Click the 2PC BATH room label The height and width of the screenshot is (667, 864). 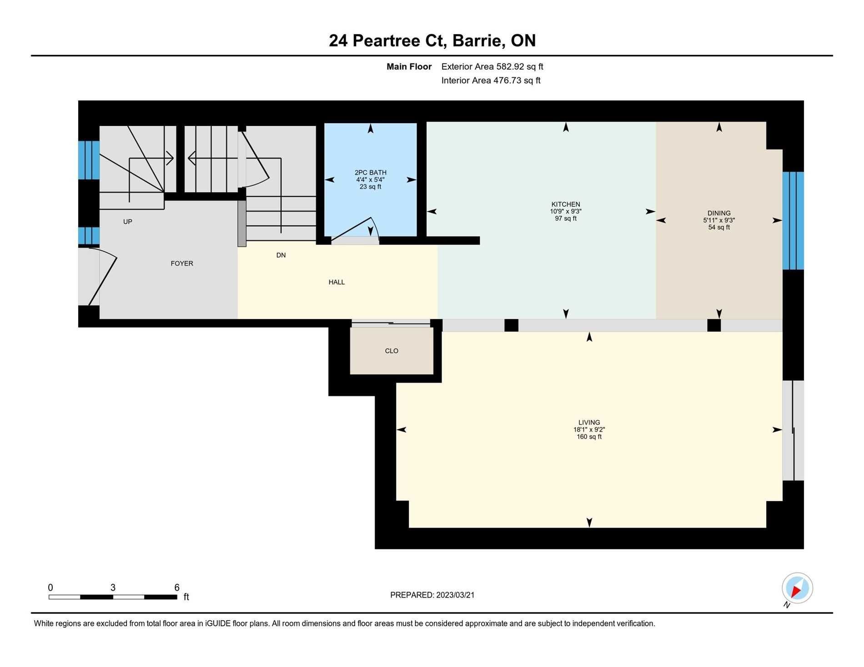(x=371, y=172)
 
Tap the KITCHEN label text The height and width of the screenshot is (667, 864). (x=566, y=204)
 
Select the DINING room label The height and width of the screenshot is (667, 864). (x=719, y=213)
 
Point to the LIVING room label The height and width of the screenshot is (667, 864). (x=589, y=423)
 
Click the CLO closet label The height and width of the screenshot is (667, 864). (x=392, y=351)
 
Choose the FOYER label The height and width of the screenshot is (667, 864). (x=182, y=264)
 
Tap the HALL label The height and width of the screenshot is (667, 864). (x=337, y=282)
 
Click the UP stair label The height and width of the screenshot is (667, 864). (x=128, y=222)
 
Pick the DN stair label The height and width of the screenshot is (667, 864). (x=281, y=255)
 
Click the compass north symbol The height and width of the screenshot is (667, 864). (x=797, y=588)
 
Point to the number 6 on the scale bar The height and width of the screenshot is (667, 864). (x=177, y=587)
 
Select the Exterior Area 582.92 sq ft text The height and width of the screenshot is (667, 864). (x=492, y=67)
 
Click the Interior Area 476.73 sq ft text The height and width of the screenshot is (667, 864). (x=491, y=80)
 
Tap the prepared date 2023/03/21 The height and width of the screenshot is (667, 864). (x=455, y=595)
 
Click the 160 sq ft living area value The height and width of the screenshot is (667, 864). (x=589, y=437)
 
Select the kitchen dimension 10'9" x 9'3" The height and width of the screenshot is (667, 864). (x=566, y=211)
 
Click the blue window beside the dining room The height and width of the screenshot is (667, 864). (x=793, y=220)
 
